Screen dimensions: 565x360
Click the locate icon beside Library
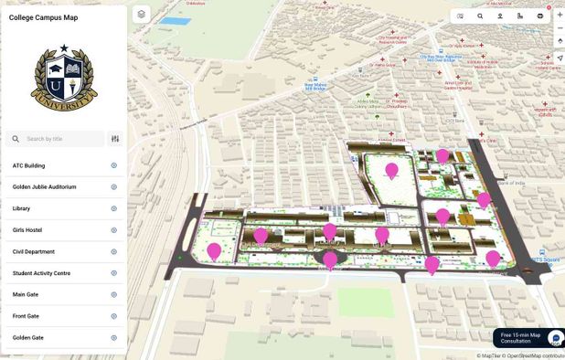[114, 208]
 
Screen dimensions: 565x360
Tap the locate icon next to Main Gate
[114, 294]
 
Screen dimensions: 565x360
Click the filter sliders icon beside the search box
[115, 139]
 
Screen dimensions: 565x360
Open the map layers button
[141, 14]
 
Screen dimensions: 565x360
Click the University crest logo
[64, 79]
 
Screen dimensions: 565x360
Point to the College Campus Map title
[43, 17]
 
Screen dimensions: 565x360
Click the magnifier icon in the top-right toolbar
[480, 16]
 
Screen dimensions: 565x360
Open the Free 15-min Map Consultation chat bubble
[556, 338]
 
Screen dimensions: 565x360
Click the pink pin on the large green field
[391, 170]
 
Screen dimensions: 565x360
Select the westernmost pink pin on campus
[214, 250]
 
